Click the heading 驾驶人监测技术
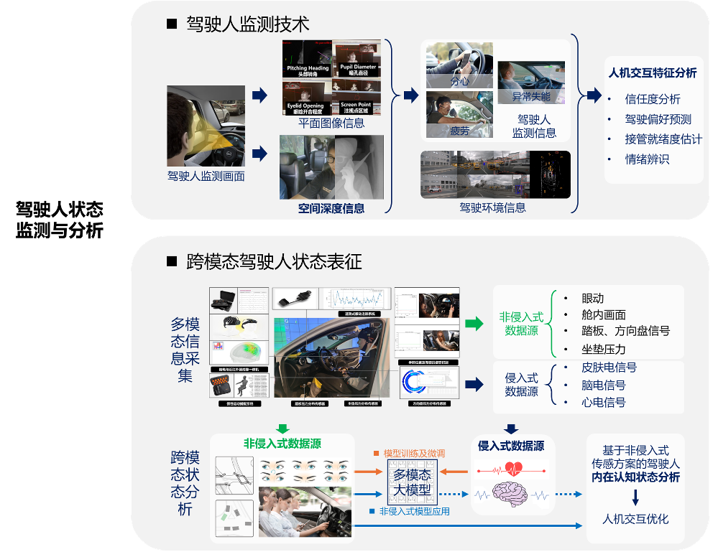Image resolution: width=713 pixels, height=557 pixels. tap(247, 24)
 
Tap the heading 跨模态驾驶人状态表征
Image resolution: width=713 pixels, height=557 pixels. tap(273, 262)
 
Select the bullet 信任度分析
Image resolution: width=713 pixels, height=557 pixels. tap(652, 99)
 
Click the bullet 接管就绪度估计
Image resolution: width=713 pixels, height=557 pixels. tap(663, 139)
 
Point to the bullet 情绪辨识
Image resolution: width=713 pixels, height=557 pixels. tap(647, 159)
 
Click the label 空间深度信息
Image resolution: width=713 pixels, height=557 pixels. tap(331, 209)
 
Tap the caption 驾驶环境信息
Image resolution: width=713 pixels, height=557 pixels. tap(493, 207)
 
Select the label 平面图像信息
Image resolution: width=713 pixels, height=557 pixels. tap(331, 123)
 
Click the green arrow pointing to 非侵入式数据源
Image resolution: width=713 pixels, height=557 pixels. tap(474, 324)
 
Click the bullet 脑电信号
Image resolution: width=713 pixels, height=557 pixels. tap(603, 385)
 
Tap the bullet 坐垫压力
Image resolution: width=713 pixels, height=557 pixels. tap(603, 350)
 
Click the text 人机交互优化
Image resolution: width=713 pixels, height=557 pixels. tap(635, 518)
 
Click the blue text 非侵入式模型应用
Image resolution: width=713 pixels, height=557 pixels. tap(414, 511)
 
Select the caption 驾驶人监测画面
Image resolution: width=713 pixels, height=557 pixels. tap(206, 175)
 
